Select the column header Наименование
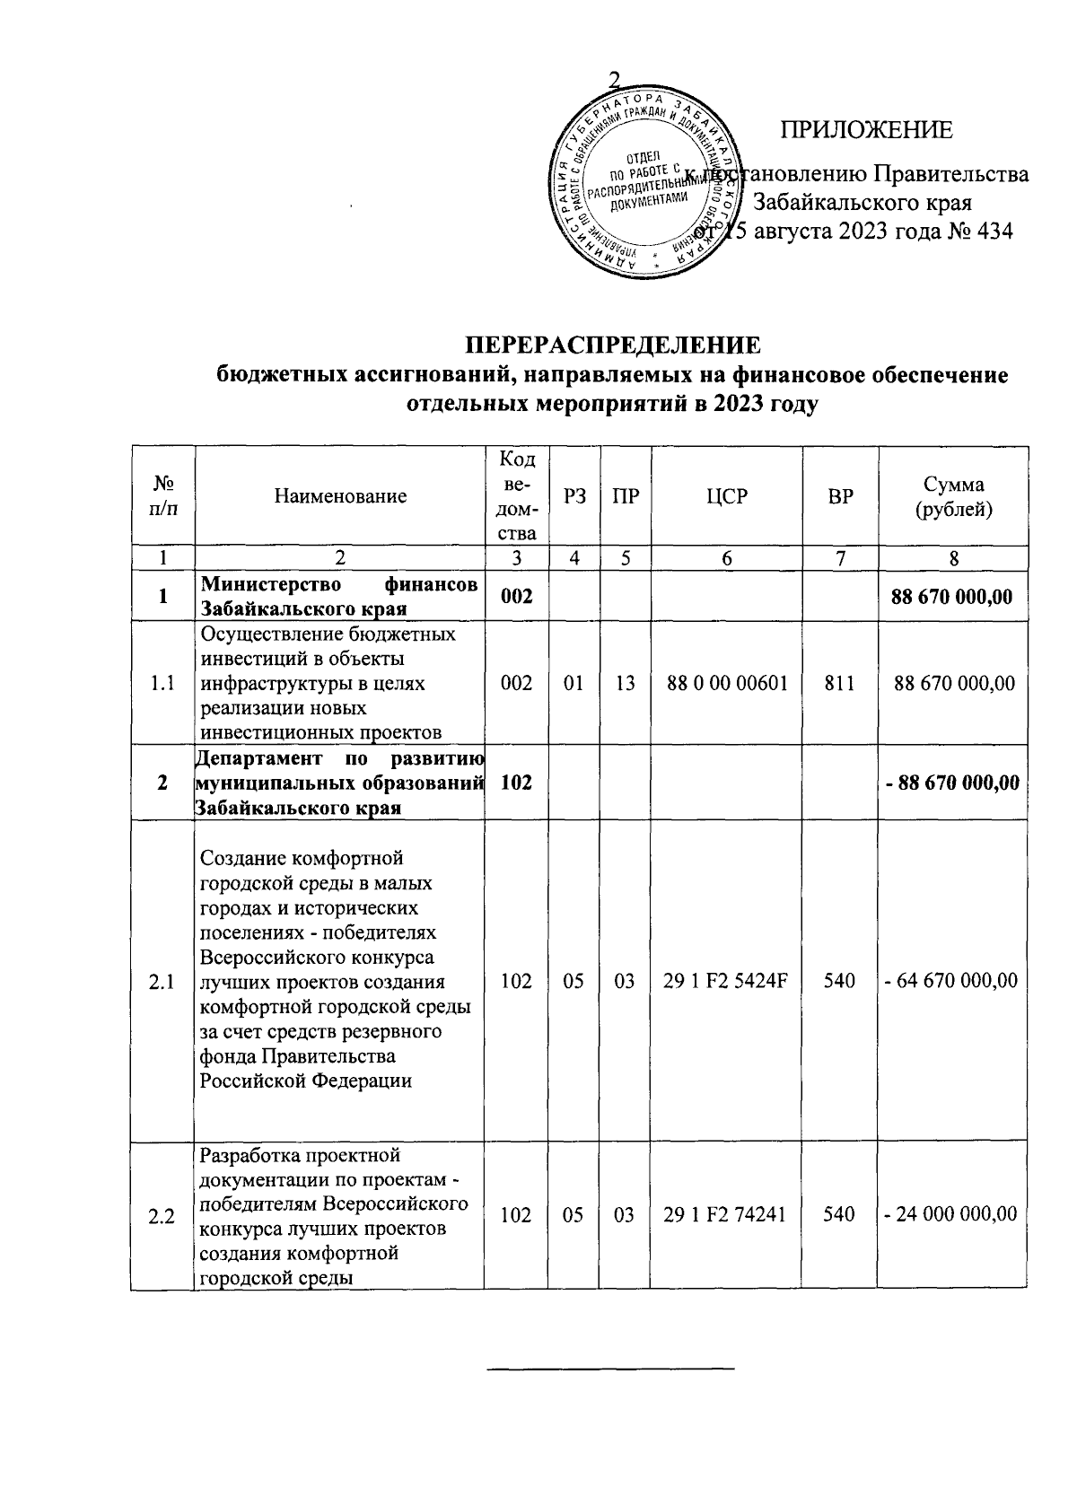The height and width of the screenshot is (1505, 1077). tap(340, 496)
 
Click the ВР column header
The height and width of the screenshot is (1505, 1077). tap(840, 496)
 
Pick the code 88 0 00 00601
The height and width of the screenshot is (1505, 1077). tap(727, 683)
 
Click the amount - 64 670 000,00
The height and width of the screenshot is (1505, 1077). tap(952, 981)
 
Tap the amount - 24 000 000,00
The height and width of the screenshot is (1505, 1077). tap(952, 1214)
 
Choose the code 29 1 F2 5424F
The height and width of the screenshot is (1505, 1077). tap(726, 981)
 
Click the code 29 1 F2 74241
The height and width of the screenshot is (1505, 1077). tap(725, 1214)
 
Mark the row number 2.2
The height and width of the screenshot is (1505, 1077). tap(162, 1215)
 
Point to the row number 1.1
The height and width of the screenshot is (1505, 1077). tap(162, 683)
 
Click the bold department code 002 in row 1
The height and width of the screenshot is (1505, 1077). tap(516, 597)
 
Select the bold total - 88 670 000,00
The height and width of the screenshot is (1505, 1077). tap(952, 783)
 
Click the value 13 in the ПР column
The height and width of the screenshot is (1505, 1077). tap(626, 683)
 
